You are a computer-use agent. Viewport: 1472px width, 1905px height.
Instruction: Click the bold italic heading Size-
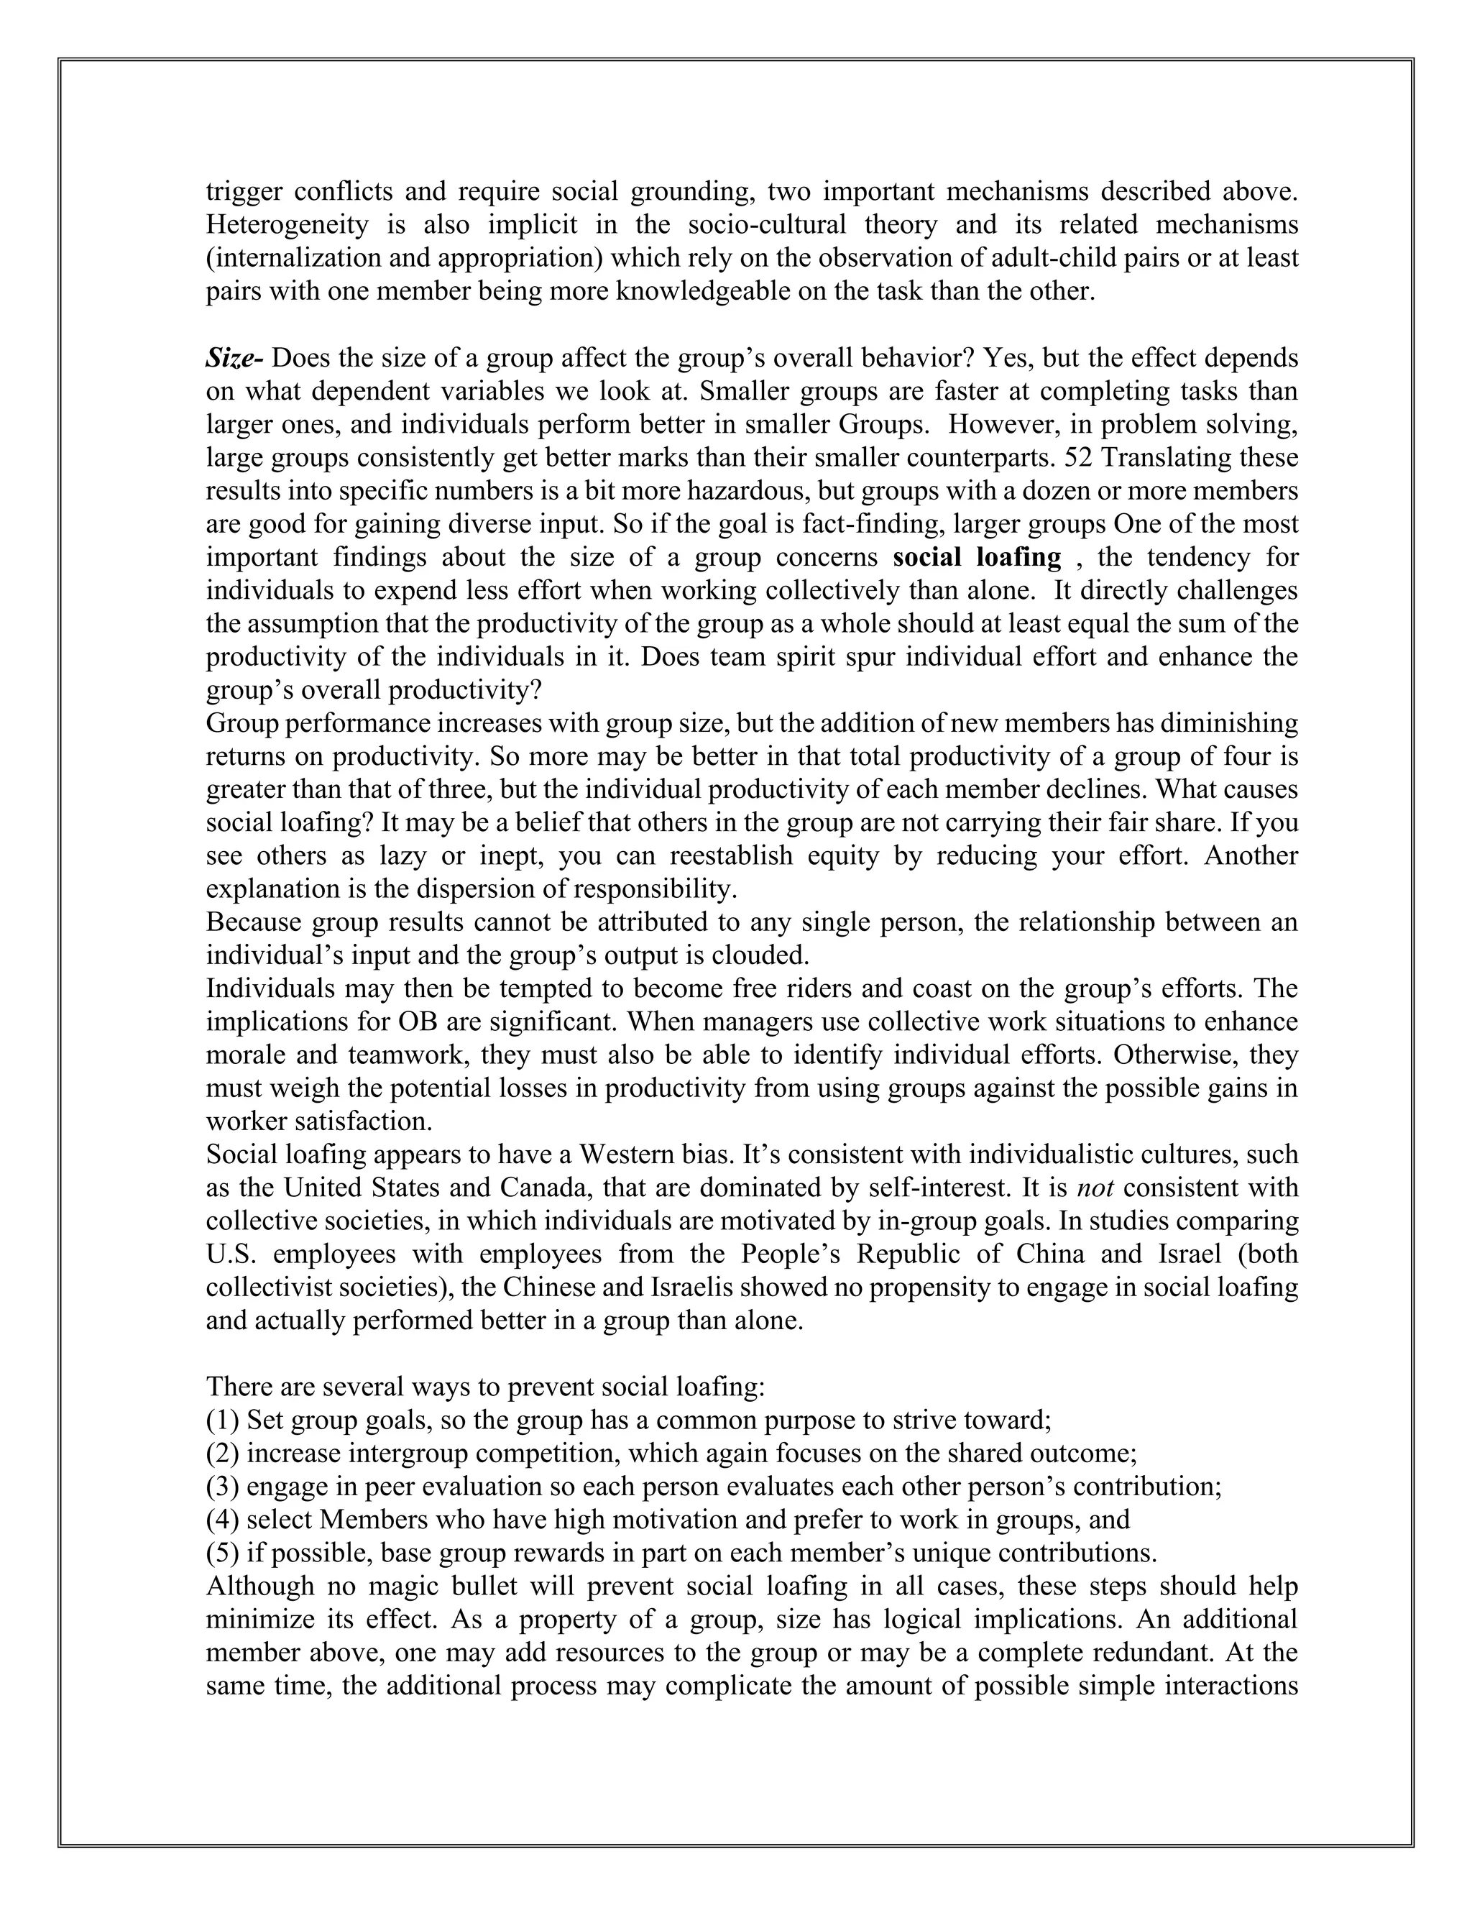point(234,359)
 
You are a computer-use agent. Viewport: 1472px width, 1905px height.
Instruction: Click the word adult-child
point(996,258)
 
